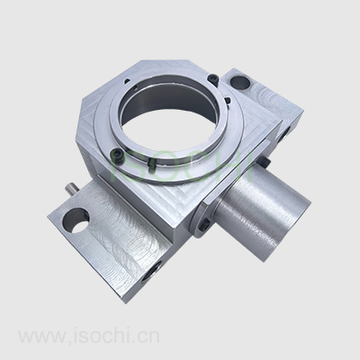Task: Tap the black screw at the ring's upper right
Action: [213, 77]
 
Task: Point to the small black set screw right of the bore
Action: [227, 101]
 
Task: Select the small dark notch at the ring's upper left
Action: [127, 80]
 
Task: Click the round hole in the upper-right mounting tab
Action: [239, 82]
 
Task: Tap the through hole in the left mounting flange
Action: [75, 220]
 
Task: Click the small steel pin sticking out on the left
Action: [71, 190]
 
